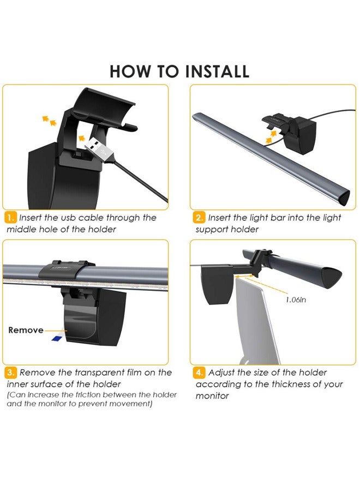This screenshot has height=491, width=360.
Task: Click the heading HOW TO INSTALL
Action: click(179, 71)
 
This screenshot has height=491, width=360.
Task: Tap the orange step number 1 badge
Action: click(11, 218)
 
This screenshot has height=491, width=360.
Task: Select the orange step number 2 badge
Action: click(199, 218)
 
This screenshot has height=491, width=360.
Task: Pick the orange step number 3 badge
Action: click(11, 373)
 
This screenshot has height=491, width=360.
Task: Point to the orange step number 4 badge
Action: click(199, 373)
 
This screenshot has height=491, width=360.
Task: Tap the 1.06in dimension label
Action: click(296, 300)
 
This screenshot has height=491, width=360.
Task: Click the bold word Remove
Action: click(26, 330)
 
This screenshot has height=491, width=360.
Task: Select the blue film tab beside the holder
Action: click(57, 338)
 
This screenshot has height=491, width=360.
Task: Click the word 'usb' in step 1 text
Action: click(68, 218)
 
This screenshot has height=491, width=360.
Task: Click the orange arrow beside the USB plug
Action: click(82, 138)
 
